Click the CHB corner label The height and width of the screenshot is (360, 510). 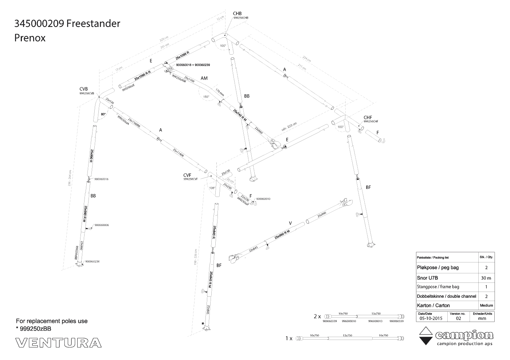tap(237, 13)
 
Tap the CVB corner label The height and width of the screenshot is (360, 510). tap(84, 89)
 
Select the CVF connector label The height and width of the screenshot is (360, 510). tap(188, 175)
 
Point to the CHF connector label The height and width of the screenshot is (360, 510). tap(368, 118)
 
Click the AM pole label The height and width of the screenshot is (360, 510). tap(204, 78)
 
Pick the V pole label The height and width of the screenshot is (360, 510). tap(290, 223)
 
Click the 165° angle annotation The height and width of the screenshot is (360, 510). tap(206, 97)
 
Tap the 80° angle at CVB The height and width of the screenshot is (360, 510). tap(103, 114)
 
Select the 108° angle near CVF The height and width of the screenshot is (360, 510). tap(212, 188)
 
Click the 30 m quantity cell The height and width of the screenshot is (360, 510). tap(486, 278)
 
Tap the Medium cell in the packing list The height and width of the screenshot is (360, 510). tap(486, 305)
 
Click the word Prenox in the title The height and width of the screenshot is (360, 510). tap(30, 38)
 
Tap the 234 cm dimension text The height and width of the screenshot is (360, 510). tap(307, 59)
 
